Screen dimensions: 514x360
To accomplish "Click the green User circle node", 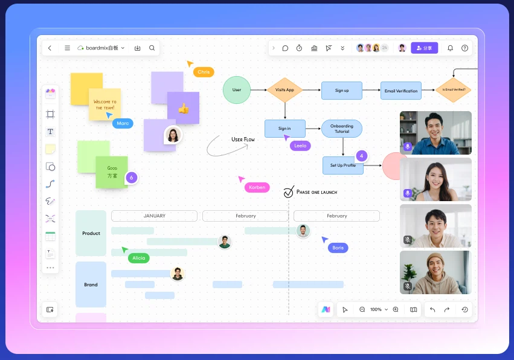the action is pyautogui.click(x=237, y=90).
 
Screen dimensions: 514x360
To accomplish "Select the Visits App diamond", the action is pyautogui.click(x=284, y=90).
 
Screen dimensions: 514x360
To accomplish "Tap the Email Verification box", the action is pyautogui.click(x=401, y=91).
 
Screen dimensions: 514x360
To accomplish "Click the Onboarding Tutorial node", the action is pyautogui.click(x=342, y=129).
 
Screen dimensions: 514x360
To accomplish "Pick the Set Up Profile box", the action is pyautogui.click(x=343, y=166).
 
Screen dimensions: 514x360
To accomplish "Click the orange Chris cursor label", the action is pyautogui.click(x=204, y=72).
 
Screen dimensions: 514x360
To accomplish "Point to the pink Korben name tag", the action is pyautogui.click(x=257, y=187).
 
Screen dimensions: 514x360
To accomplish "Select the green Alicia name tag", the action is pyautogui.click(x=139, y=258).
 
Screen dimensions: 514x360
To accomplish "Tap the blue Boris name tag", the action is pyautogui.click(x=338, y=248).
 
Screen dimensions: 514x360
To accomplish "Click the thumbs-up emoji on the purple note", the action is pyautogui.click(x=184, y=108).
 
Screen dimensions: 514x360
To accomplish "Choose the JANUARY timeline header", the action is pyautogui.click(x=155, y=216).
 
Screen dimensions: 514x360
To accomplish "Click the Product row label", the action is pyautogui.click(x=91, y=233).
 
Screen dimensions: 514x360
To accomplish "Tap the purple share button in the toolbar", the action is pyautogui.click(x=424, y=48).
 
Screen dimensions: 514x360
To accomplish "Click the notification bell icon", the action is pyautogui.click(x=451, y=48).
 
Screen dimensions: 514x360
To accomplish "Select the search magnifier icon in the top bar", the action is pyautogui.click(x=152, y=48).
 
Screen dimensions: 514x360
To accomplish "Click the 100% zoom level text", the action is pyautogui.click(x=376, y=309).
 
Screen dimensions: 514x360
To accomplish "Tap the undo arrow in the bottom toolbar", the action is pyautogui.click(x=432, y=309).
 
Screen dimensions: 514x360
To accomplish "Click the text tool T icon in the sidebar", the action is pyautogui.click(x=50, y=132).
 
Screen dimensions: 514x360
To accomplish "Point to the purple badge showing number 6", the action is pyautogui.click(x=132, y=178).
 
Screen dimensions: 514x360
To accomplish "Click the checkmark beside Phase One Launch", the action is pyautogui.click(x=289, y=192).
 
